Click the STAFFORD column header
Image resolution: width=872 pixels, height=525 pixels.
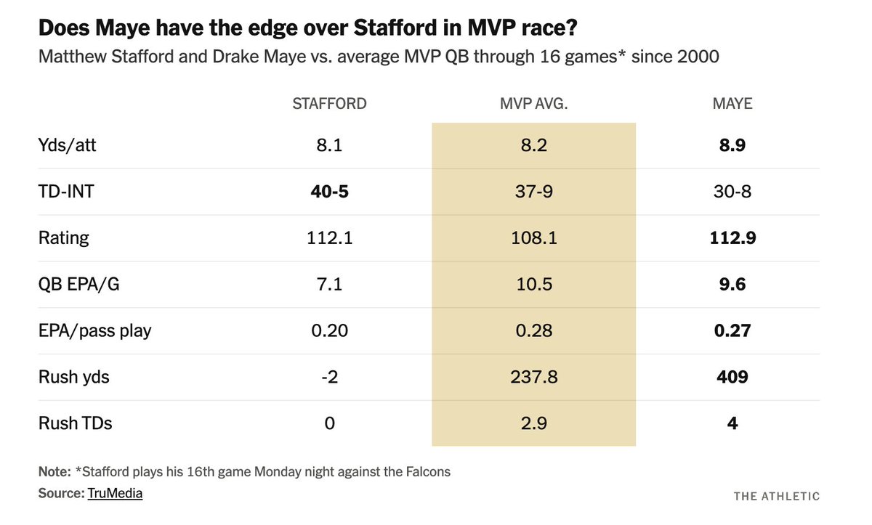(329, 104)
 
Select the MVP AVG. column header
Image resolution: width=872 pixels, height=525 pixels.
(533, 104)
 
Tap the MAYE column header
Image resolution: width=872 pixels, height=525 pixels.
(732, 104)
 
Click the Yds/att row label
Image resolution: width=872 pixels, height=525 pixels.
(67, 145)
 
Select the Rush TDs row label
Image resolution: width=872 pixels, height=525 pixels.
(75, 423)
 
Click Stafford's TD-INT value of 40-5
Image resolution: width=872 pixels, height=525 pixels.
(329, 192)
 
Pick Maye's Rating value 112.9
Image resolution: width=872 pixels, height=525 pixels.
(732, 238)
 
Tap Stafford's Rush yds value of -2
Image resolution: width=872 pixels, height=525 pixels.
(329, 378)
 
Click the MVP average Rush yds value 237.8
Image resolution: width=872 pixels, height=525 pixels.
(533, 378)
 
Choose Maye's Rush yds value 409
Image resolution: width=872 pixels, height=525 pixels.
(732, 378)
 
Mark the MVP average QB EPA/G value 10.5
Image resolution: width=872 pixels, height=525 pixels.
(533, 285)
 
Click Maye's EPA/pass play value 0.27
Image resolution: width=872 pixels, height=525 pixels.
(732, 331)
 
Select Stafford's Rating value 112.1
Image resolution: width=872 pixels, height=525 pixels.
(329, 238)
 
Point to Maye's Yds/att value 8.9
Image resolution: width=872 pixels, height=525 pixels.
(732, 145)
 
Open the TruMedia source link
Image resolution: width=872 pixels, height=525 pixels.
(115, 493)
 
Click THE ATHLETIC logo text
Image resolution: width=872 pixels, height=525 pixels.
(776, 496)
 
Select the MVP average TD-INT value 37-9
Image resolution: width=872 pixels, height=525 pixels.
(533, 192)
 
